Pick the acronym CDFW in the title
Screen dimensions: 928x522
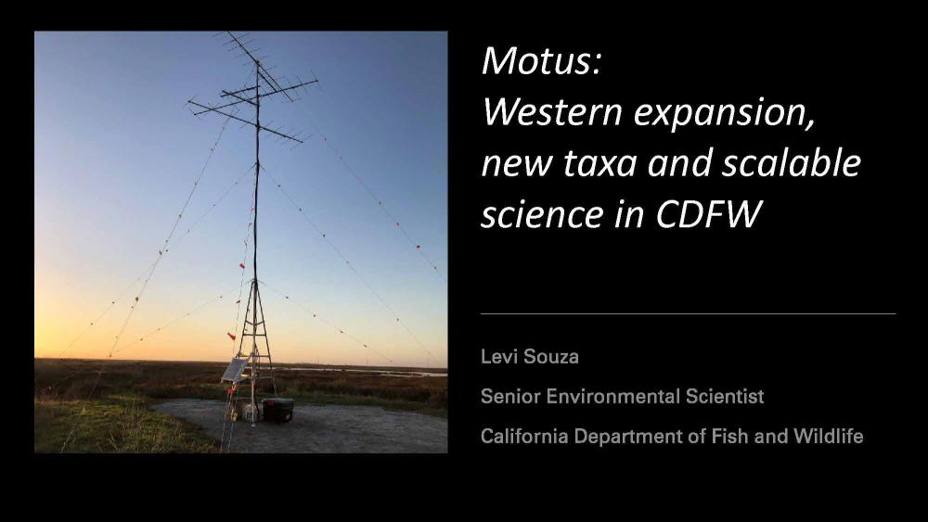pyautogui.click(x=707, y=214)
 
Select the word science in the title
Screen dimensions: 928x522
pyautogui.click(x=542, y=214)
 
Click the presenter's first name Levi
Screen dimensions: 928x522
pyautogui.click(x=496, y=356)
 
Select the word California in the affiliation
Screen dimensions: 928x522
pyautogui.click(x=523, y=437)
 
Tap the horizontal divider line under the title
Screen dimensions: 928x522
pyautogui.click(x=689, y=314)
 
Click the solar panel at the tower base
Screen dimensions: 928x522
pyautogui.click(x=235, y=370)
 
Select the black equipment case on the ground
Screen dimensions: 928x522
pyautogui.click(x=277, y=409)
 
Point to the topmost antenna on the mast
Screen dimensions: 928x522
pyautogui.click(x=258, y=60)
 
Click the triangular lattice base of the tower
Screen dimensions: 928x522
pyautogui.click(x=255, y=349)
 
